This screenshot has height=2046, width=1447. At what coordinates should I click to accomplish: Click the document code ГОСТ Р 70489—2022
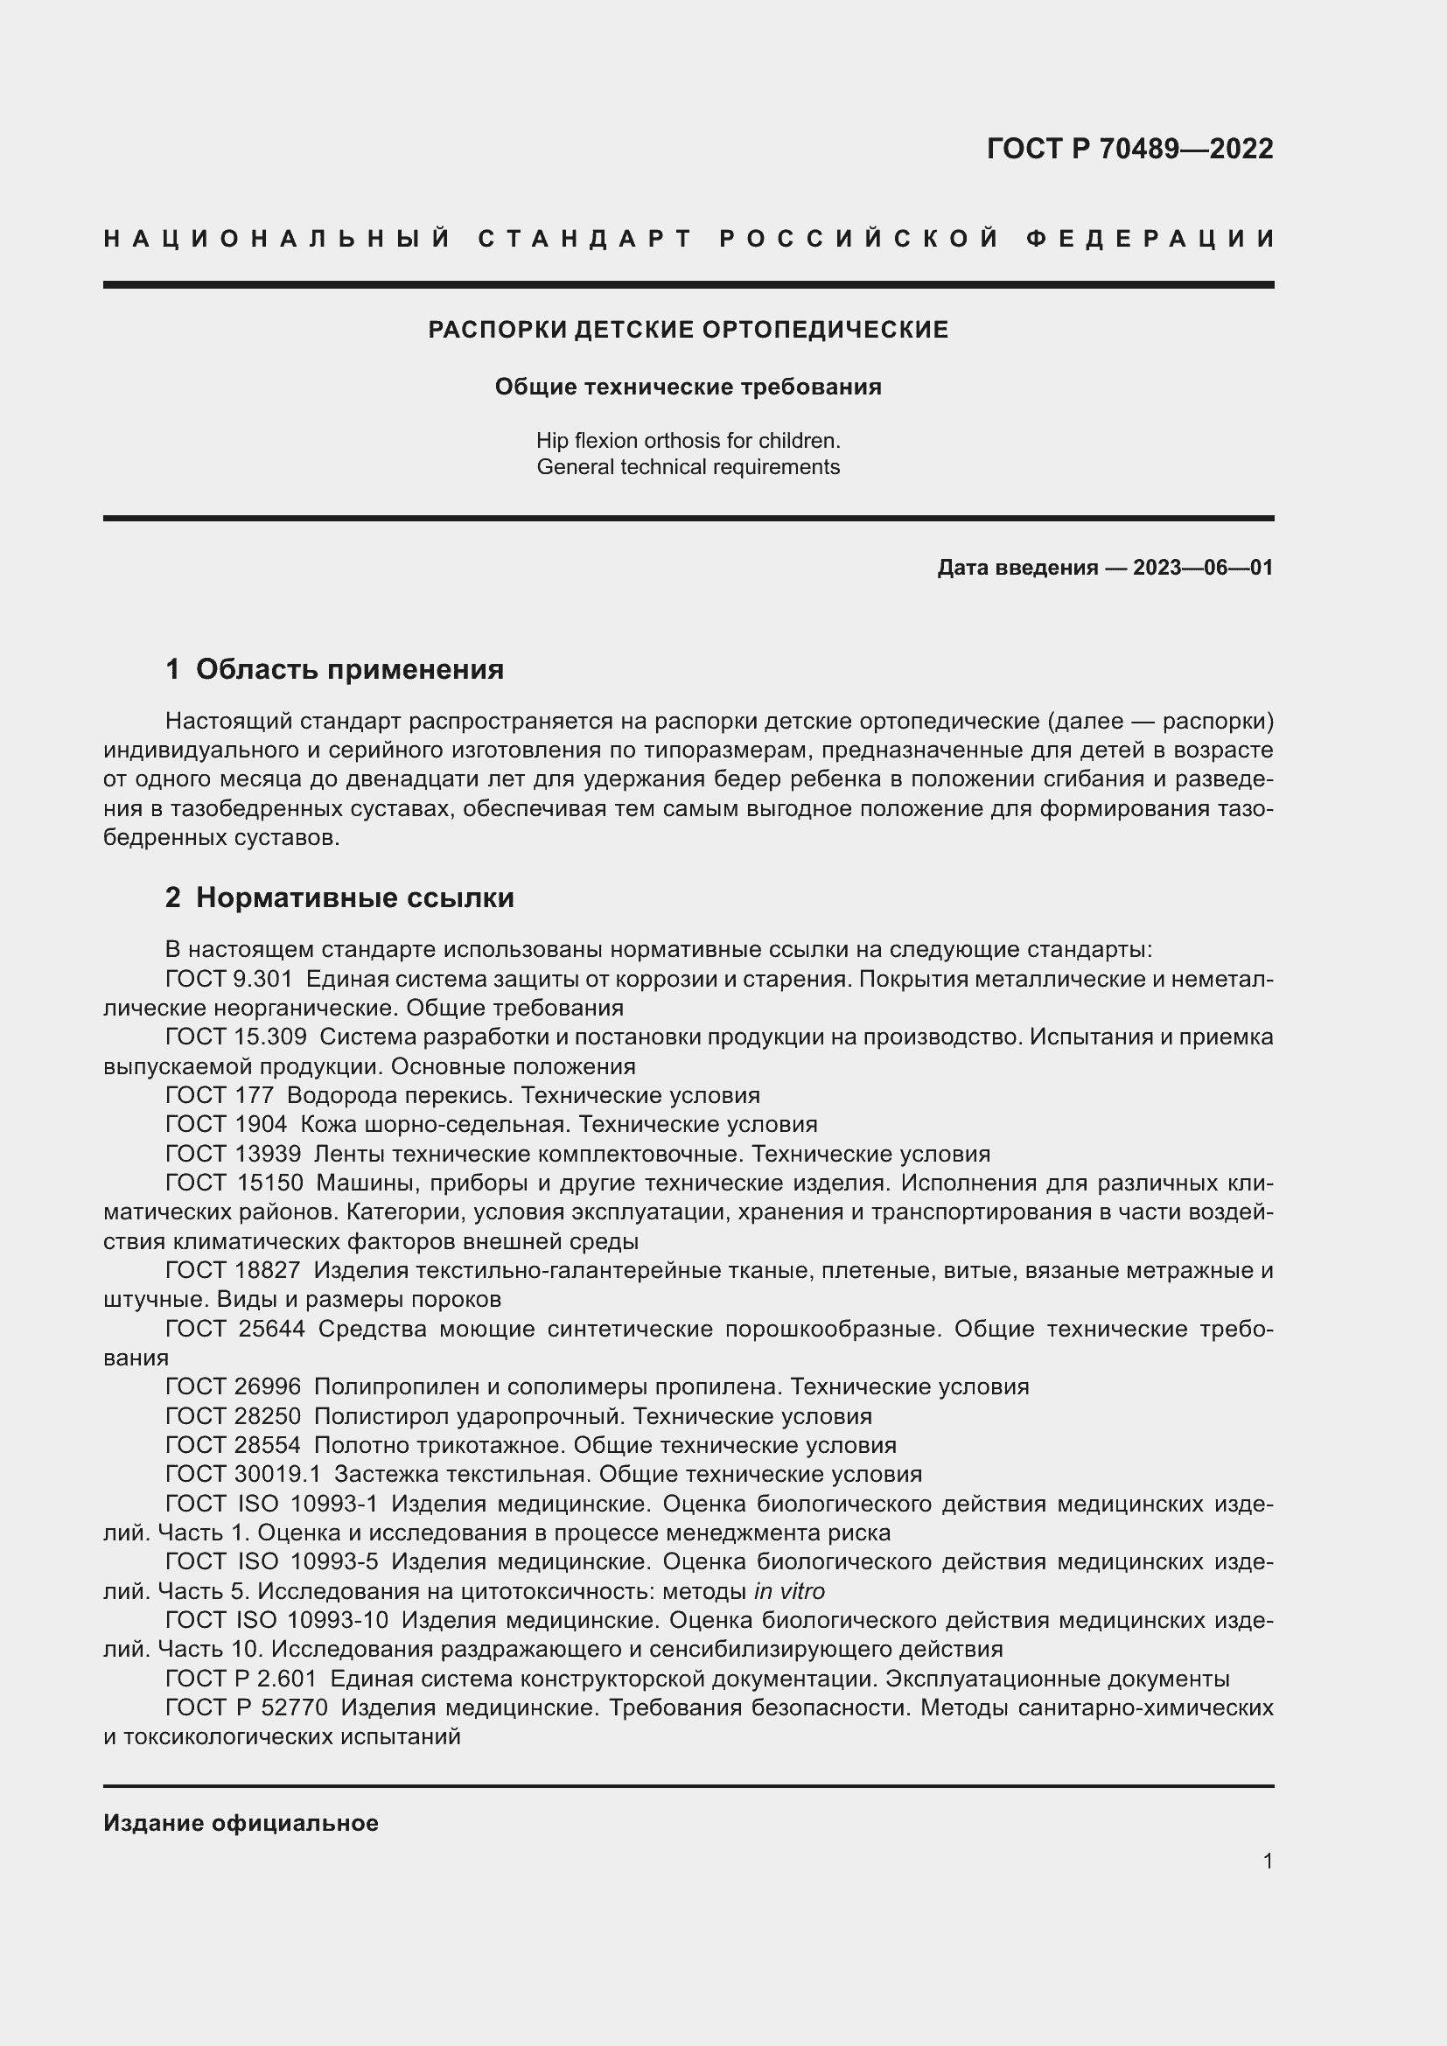[x=1129, y=149]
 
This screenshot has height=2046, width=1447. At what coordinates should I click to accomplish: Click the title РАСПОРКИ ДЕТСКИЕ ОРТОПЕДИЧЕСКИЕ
[x=688, y=330]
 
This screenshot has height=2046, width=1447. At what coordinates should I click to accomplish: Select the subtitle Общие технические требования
[x=688, y=387]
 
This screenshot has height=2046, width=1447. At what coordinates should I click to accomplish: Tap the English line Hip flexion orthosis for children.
[x=688, y=440]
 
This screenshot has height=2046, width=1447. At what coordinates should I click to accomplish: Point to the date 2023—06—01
[x=1202, y=568]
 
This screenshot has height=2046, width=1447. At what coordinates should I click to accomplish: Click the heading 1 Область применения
[x=334, y=668]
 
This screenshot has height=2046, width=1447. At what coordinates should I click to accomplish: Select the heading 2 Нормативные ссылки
[x=339, y=897]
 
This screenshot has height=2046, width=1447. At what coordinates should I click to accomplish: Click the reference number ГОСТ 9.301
[x=229, y=979]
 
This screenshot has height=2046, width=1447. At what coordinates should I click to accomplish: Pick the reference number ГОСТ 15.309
[x=236, y=1037]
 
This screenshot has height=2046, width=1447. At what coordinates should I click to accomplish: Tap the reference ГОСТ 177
[x=220, y=1095]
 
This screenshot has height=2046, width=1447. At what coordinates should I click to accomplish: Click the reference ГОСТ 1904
[x=227, y=1125]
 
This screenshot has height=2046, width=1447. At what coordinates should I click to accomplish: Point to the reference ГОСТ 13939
[x=234, y=1154]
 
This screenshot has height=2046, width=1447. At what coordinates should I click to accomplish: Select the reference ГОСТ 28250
[x=234, y=1416]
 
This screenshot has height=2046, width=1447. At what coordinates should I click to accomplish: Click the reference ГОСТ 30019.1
[x=243, y=1474]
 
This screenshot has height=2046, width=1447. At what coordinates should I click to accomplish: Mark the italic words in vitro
[x=788, y=1590]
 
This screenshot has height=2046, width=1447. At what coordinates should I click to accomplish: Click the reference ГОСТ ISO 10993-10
[x=277, y=1620]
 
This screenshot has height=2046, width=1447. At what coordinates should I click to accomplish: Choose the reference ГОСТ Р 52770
[x=247, y=1707]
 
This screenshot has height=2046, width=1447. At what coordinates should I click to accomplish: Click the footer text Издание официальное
[x=241, y=1823]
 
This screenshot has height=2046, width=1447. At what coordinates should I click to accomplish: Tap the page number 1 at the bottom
[x=1268, y=1861]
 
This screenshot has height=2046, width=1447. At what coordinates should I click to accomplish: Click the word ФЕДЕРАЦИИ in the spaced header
[x=1151, y=239]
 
